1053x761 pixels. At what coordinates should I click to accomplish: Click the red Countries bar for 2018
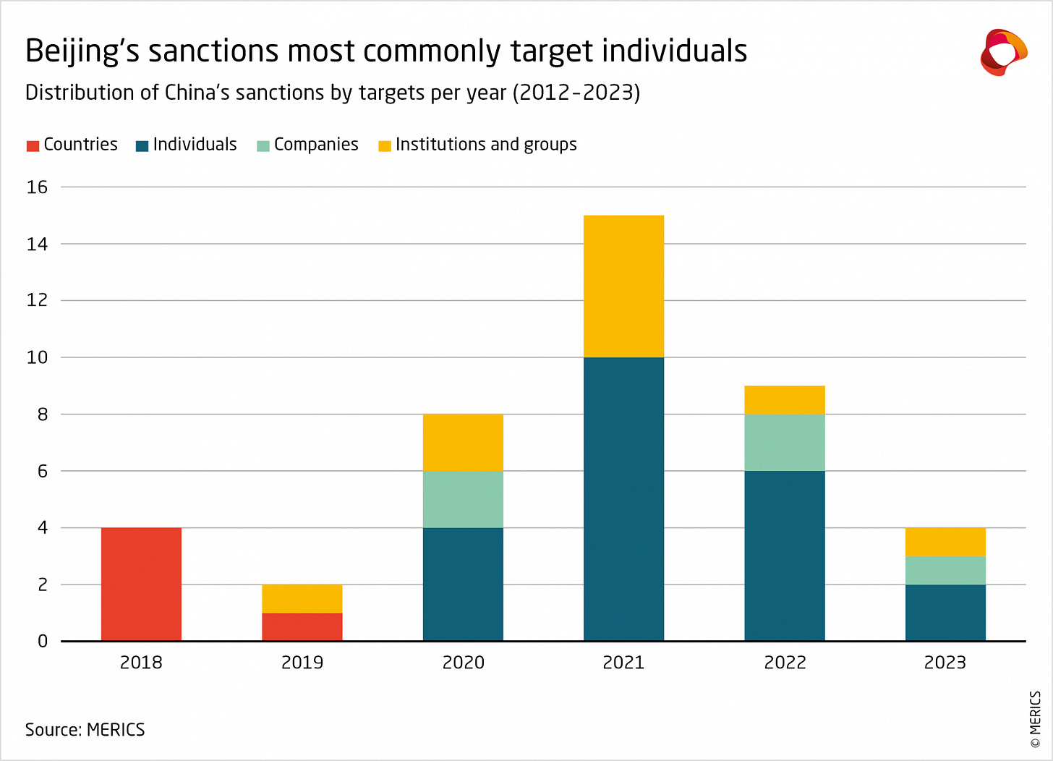[141, 584]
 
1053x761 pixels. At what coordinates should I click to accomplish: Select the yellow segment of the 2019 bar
[302, 598]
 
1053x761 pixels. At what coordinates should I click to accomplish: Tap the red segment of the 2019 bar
[302, 626]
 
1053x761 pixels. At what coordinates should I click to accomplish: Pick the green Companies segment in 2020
[463, 499]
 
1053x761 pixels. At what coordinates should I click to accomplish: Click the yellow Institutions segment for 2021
[623, 286]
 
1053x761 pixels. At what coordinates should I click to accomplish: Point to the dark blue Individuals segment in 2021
[623, 499]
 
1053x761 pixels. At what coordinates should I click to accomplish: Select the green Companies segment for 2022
[785, 442]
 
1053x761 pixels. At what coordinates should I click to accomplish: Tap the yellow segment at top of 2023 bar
[945, 542]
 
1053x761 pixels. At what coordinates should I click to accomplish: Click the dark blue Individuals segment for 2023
[945, 612]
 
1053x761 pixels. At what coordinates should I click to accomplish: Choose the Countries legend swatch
[33, 145]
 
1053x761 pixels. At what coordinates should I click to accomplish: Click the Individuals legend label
[195, 145]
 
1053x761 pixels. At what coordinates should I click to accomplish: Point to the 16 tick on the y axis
[37, 187]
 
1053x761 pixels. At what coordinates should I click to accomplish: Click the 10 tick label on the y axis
[37, 357]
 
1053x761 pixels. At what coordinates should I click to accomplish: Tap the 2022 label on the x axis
[785, 663]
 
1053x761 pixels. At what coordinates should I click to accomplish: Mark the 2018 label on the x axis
[141, 663]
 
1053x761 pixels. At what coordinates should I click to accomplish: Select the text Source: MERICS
[85, 729]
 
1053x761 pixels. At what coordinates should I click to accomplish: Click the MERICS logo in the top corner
[1003, 52]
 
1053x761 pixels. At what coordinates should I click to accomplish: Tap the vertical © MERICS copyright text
[1035, 719]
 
